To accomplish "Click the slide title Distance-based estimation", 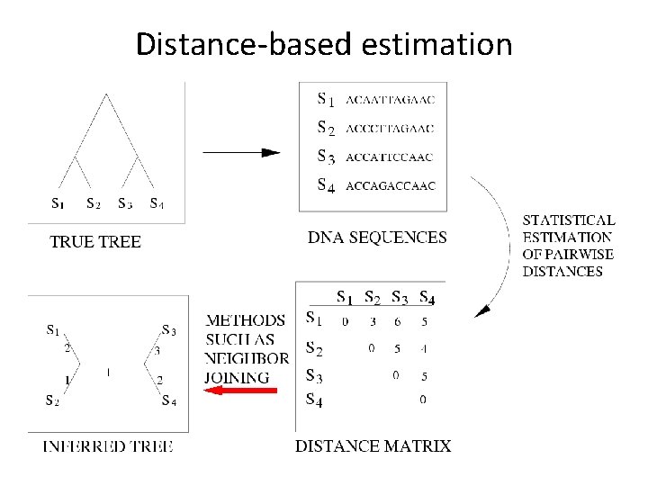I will click(324, 44).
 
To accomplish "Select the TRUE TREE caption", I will click(94, 241).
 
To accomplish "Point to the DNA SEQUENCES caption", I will click(377, 238).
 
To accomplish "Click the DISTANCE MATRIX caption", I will click(373, 446).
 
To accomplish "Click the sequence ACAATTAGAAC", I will click(390, 99).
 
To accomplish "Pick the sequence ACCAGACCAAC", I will click(390, 186).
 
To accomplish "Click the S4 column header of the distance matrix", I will click(427, 296).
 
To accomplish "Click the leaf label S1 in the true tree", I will click(57, 203).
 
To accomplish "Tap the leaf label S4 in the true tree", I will click(157, 203).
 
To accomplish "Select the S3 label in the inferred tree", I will click(168, 330).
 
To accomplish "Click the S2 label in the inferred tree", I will click(54, 400).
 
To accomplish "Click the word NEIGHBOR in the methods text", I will click(247, 358).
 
